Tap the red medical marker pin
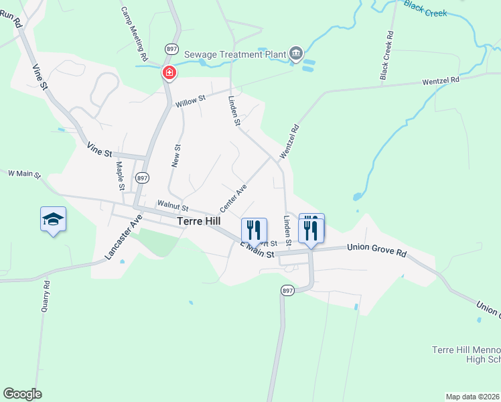[169, 72]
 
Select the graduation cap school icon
[54, 219]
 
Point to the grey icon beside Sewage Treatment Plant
[296, 54]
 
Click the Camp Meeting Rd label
[133, 34]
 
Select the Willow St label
[190, 102]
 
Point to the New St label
[177, 156]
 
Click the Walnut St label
[173, 205]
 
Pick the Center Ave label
[233, 198]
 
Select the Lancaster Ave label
[124, 237]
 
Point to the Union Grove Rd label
[377, 249]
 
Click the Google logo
[22, 394]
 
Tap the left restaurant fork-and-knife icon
[254, 230]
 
